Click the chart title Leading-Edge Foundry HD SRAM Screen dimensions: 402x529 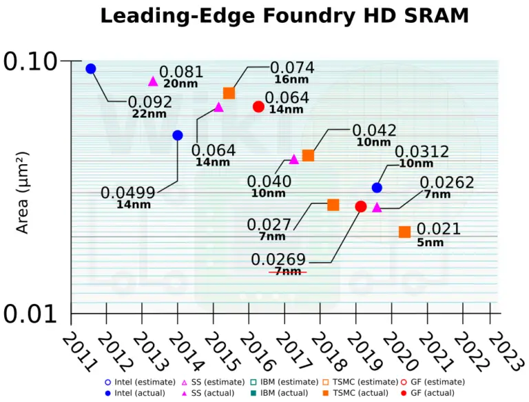[x=264, y=15]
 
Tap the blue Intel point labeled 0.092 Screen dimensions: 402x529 [x=90, y=68]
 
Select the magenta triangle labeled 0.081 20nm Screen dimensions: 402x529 [x=153, y=81]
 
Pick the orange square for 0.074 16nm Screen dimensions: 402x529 [x=229, y=93]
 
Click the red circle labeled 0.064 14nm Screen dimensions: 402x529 [x=258, y=106]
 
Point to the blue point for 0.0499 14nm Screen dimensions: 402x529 [x=178, y=135]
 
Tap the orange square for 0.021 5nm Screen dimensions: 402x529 [x=405, y=232]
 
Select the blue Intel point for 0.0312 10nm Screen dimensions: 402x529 [x=377, y=188]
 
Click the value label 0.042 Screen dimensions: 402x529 [x=374, y=130]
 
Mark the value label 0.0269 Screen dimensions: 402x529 [x=278, y=260]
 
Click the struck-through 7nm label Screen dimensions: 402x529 [x=287, y=272]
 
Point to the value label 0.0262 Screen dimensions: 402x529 [x=447, y=182]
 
